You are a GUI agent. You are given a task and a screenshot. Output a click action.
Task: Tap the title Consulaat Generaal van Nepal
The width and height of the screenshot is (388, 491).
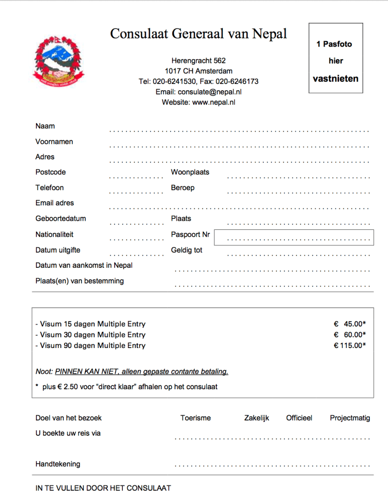pos(199,34)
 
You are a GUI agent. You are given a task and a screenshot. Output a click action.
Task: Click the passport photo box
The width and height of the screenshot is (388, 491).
pos(335,58)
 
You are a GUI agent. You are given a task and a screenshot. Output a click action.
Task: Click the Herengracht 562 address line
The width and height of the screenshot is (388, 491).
pos(199,60)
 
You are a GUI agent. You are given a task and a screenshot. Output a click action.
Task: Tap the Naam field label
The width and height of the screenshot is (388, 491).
pos(45,126)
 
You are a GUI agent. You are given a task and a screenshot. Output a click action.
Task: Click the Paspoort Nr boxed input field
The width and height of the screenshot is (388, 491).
pos(294,238)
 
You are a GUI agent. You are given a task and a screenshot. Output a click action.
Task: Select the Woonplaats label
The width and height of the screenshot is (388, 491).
pos(190,172)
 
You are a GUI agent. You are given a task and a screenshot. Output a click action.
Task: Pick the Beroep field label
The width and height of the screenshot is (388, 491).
pos(183,188)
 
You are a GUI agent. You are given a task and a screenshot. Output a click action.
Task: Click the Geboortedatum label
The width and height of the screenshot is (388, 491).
pos(60,218)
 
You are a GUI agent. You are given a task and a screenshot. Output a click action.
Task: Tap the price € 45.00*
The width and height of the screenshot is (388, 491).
pos(350,324)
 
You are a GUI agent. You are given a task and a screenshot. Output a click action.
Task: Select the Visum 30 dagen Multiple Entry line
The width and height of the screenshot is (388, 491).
pos(91,335)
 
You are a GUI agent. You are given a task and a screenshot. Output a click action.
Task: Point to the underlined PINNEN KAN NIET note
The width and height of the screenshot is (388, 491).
pos(141,371)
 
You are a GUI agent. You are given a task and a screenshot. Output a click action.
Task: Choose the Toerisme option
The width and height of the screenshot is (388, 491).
pos(196,418)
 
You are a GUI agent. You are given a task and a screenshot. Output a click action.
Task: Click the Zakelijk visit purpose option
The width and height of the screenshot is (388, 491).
pos(257,418)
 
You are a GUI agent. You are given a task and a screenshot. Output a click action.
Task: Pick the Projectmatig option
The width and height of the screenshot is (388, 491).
pos(350,418)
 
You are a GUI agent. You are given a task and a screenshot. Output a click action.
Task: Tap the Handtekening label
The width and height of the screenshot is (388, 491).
pos(58,464)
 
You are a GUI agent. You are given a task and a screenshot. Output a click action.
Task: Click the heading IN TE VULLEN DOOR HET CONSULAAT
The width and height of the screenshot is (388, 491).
pos(103,488)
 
